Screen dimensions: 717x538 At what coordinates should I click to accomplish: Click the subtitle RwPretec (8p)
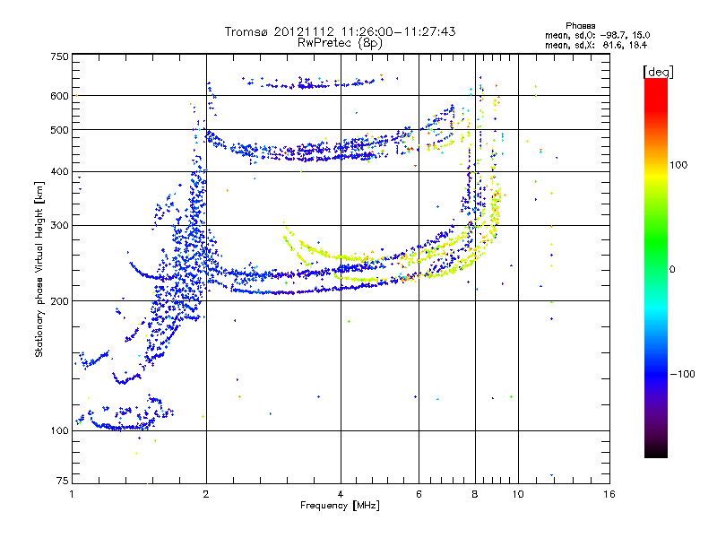[340, 43]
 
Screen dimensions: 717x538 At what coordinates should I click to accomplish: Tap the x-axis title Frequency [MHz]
[340, 506]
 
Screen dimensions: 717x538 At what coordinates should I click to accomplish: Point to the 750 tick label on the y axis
[60, 56]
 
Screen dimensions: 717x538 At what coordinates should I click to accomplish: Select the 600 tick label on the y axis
[60, 96]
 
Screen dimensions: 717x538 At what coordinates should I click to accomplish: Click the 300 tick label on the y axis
[60, 225]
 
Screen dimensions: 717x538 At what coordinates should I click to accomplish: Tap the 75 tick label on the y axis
[63, 481]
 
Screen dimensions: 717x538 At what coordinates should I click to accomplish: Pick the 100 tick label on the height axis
[60, 430]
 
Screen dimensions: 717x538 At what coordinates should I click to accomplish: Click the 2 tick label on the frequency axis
[206, 494]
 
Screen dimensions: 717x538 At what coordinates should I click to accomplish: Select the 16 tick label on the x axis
[609, 494]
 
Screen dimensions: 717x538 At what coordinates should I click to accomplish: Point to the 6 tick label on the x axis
[419, 494]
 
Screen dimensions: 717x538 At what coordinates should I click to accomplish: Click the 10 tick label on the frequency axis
[518, 494]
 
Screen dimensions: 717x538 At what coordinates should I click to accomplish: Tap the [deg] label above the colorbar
[658, 72]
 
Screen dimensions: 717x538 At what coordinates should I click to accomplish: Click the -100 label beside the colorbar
[682, 374]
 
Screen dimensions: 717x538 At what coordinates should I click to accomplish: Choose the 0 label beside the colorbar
[672, 269]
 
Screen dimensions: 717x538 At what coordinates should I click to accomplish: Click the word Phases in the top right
[580, 26]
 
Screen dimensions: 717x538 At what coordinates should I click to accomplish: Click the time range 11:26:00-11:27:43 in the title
[398, 31]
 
